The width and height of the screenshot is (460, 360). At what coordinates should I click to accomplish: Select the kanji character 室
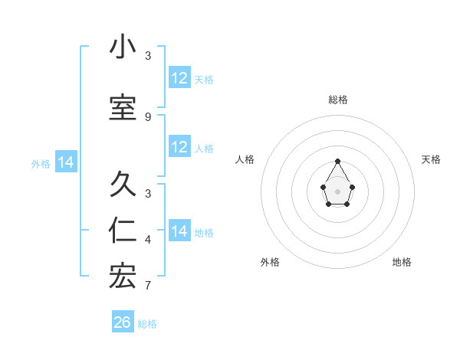[x=123, y=109]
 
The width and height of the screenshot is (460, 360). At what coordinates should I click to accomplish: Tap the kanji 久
[x=123, y=185]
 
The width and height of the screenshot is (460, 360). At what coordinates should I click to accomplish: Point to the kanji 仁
[x=123, y=232]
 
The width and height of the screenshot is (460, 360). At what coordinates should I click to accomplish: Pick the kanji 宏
[x=123, y=277]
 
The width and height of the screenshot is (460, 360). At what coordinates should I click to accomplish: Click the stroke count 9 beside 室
[x=148, y=117]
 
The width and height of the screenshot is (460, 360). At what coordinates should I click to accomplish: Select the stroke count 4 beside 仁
[x=148, y=241]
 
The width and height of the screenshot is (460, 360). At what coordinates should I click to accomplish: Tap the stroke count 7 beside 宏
[x=148, y=286]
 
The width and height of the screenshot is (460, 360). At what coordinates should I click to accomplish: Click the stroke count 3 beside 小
[x=148, y=56]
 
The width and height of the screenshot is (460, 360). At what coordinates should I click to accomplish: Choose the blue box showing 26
[x=123, y=322]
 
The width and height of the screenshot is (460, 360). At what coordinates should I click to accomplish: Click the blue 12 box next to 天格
[x=179, y=78]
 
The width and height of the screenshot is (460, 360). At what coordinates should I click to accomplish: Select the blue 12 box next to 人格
[x=179, y=147]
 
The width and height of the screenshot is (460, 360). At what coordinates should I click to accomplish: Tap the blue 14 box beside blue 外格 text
[x=65, y=162]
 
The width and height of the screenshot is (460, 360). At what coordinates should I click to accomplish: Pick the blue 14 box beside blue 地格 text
[x=179, y=231]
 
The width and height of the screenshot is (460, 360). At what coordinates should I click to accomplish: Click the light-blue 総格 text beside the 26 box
[x=147, y=324]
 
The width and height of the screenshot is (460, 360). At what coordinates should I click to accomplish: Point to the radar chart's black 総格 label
[x=337, y=100]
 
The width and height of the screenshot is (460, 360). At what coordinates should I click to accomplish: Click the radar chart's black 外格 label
[x=270, y=262]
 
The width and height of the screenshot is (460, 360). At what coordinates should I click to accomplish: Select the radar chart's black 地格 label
[x=402, y=262]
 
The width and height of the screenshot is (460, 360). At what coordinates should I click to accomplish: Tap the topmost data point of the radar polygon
[x=337, y=161]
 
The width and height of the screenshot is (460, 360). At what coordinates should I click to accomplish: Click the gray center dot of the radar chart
[x=337, y=190]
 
